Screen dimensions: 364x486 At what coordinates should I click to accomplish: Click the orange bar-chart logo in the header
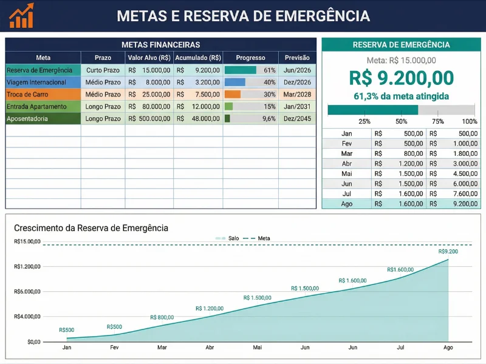[22, 16]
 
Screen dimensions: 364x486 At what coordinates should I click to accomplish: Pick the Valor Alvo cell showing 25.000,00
[149, 95]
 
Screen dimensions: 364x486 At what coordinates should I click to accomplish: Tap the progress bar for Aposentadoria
[227, 119]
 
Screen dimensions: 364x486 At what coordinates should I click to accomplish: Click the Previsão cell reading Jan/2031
[297, 107]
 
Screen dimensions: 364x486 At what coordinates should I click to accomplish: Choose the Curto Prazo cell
[103, 70]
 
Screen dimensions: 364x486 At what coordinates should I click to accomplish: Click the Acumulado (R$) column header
[198, 58]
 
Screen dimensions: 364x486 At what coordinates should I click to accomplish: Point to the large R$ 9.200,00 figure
[401, 78]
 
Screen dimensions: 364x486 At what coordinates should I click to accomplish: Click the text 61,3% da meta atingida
[401, 96]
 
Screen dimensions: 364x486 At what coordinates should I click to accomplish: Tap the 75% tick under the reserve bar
[437, 121]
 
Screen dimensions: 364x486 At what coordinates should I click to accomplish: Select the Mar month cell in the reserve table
[347, 154]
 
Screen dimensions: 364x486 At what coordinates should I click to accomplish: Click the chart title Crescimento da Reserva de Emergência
[91, 228]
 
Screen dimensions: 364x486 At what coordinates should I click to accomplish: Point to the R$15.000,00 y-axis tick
[27, 241]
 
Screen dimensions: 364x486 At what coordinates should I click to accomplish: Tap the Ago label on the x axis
[448, 348]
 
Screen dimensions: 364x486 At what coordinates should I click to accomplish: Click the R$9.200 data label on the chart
[448, 251]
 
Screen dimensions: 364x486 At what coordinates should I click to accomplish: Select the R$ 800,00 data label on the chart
[162, 317]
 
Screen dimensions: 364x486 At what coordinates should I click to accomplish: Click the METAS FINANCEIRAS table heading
[161, 45]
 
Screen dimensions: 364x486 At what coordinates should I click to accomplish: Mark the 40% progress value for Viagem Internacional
[269, 83]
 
